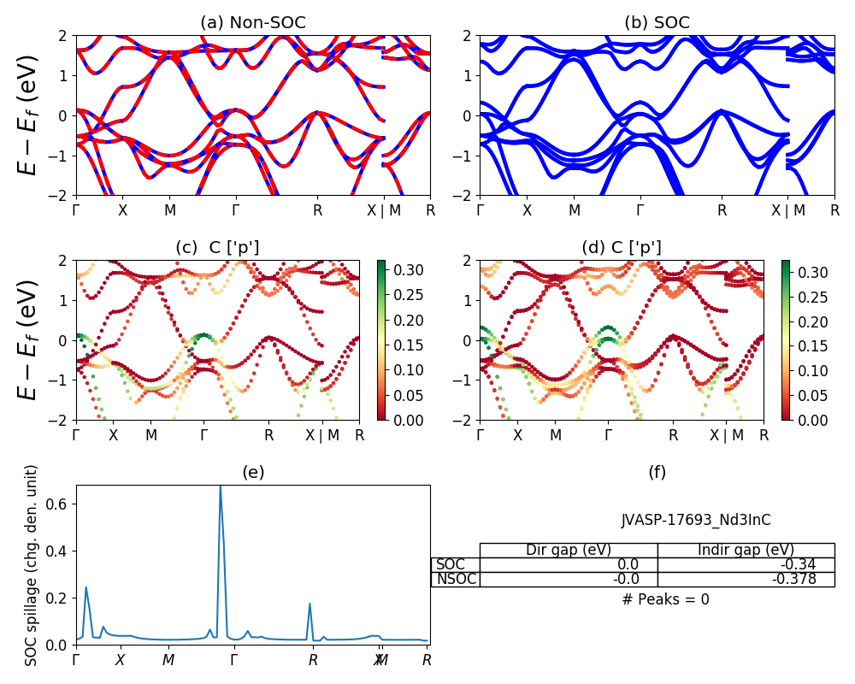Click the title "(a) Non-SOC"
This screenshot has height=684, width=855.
click(252, 23)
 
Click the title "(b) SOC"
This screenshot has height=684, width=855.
click(657, 23)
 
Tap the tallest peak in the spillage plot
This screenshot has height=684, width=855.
click(221, 487)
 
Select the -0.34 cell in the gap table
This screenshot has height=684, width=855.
click(746, 564)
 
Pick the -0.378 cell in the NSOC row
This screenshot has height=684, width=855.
click(746, 579)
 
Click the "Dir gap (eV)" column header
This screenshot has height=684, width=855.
click(569, 550)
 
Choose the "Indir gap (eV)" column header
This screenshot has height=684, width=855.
click(746, 550)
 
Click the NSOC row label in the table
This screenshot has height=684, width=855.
click(455, 579)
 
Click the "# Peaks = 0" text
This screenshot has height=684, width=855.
click(665, 599)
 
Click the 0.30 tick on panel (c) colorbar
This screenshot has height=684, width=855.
click(404, 270)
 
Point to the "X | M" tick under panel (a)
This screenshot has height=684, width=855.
click(390, 209)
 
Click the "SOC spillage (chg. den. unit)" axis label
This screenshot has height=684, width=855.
click(32, 565)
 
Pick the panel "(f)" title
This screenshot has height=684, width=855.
click(657, 472)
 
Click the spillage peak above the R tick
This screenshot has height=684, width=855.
click(310, 604)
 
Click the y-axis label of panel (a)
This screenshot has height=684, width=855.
click(29, 115)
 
